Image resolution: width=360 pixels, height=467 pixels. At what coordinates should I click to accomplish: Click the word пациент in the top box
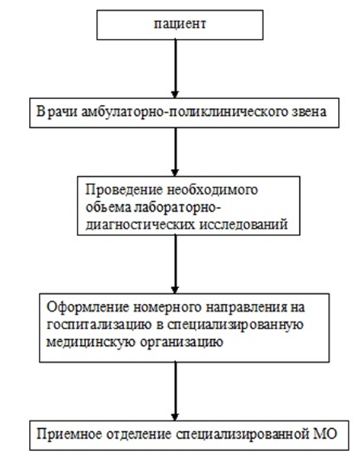click(x=180, y=24)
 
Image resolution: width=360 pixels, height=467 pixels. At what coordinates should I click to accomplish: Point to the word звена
click(x=308, y=112)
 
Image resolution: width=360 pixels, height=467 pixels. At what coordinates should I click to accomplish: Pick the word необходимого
click(x=212, y=190)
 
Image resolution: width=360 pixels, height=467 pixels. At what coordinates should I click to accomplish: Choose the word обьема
click(x=108, y=207)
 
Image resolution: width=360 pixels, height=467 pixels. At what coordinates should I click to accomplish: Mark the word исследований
click(x=243, y=225)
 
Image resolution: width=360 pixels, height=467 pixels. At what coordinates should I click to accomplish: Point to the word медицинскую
click(x=91, y=342)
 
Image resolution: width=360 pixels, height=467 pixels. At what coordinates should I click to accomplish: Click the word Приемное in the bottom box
click(x=69, y=434)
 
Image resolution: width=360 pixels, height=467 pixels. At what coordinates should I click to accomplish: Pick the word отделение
click(x=139, y=435)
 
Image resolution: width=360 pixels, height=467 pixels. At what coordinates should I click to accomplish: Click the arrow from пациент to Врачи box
click(x=175, y=69)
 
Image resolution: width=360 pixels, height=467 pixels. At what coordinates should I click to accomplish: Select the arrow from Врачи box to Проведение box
click(x=175, y=152)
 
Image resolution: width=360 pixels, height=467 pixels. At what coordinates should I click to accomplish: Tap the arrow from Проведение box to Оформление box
click(x=175, y=264)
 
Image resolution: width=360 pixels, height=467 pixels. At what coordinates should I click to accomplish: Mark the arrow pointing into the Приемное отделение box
click(x=175, y=392)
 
